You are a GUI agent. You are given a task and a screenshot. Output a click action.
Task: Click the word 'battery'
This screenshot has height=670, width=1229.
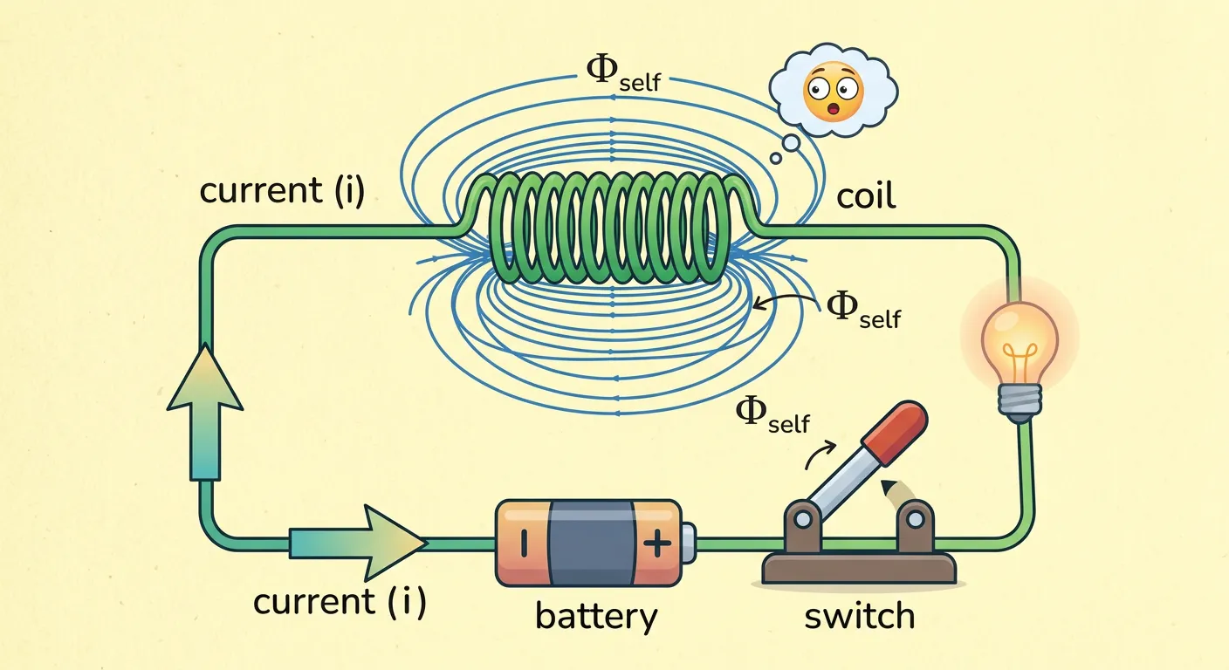(x=596, y=616)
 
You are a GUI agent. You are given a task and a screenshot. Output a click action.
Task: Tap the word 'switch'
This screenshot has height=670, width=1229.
(x=859, y=616)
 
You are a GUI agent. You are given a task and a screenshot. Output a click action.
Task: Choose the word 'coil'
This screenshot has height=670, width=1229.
(x=866, y=196)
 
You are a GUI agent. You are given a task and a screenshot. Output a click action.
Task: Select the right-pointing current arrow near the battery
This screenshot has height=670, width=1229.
(x=360, y=543)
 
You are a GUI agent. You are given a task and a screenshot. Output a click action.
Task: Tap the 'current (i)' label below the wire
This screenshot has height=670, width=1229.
(x=340, y=602)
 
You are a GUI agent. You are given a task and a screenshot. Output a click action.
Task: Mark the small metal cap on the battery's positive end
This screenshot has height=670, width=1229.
(x=690, y=543)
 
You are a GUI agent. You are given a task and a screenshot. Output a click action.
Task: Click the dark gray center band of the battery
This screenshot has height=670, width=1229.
(x=590, y=543)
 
